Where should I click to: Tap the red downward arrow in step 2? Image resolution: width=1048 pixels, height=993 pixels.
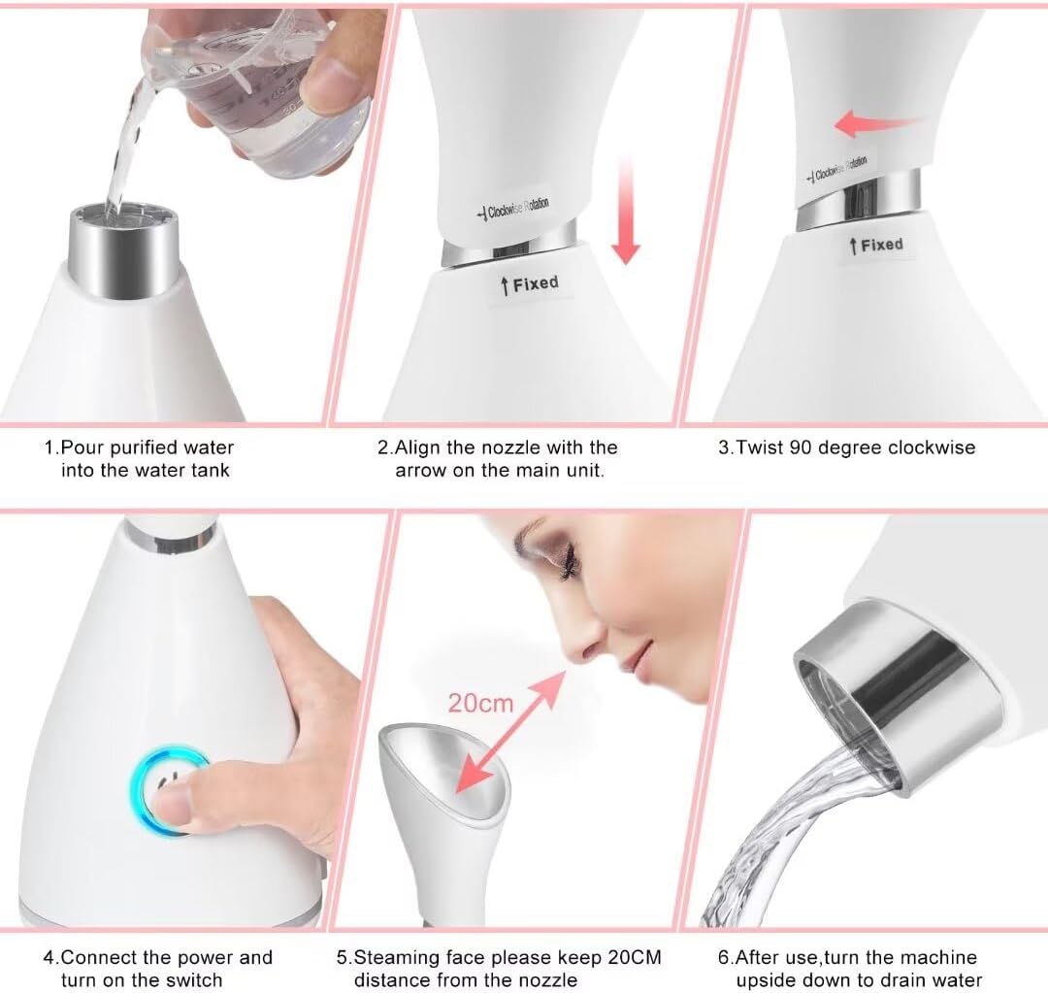pos(626,211)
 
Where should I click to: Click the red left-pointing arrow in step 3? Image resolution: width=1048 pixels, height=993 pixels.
pos(876,123)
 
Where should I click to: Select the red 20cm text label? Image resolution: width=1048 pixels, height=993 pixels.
pos(480,704)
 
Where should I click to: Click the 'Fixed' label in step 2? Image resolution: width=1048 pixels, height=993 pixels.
pos(530,284)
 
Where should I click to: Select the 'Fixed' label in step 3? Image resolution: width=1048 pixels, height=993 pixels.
pos(876,246)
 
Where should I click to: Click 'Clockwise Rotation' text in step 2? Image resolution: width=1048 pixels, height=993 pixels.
pos(512,209)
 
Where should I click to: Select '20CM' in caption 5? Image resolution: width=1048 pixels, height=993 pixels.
pos(635,957)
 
